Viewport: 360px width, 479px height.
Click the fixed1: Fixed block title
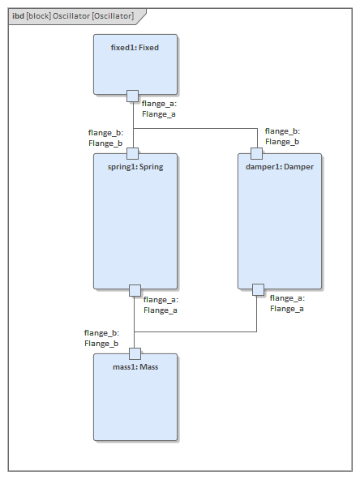click(135, 48)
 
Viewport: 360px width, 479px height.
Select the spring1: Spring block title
click(135, 167)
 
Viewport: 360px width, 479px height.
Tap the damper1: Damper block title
click(279, 167)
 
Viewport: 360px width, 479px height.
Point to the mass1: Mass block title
click(135, 367)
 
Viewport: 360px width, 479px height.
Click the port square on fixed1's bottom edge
click(134, 96)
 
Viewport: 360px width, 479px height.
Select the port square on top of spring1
click(134, 153)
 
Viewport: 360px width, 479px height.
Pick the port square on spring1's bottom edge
click(135, 290)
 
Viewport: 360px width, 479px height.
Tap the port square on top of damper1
click(256, 153)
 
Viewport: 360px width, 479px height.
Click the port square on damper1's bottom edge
click(258, 289)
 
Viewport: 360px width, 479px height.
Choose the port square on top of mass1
click(135, 353)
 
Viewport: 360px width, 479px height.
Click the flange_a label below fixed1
click(159, 109)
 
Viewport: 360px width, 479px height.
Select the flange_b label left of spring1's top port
click(105, 138)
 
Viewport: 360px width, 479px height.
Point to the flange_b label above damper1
click(282, 136)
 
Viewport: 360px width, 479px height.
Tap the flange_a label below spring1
click(161, 305)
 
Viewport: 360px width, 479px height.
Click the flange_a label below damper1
click(287, 303)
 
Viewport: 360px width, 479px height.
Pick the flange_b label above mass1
click(101, 338)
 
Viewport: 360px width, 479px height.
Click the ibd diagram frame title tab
click(73, 16)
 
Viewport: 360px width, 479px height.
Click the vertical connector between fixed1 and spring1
click(134, 122)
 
